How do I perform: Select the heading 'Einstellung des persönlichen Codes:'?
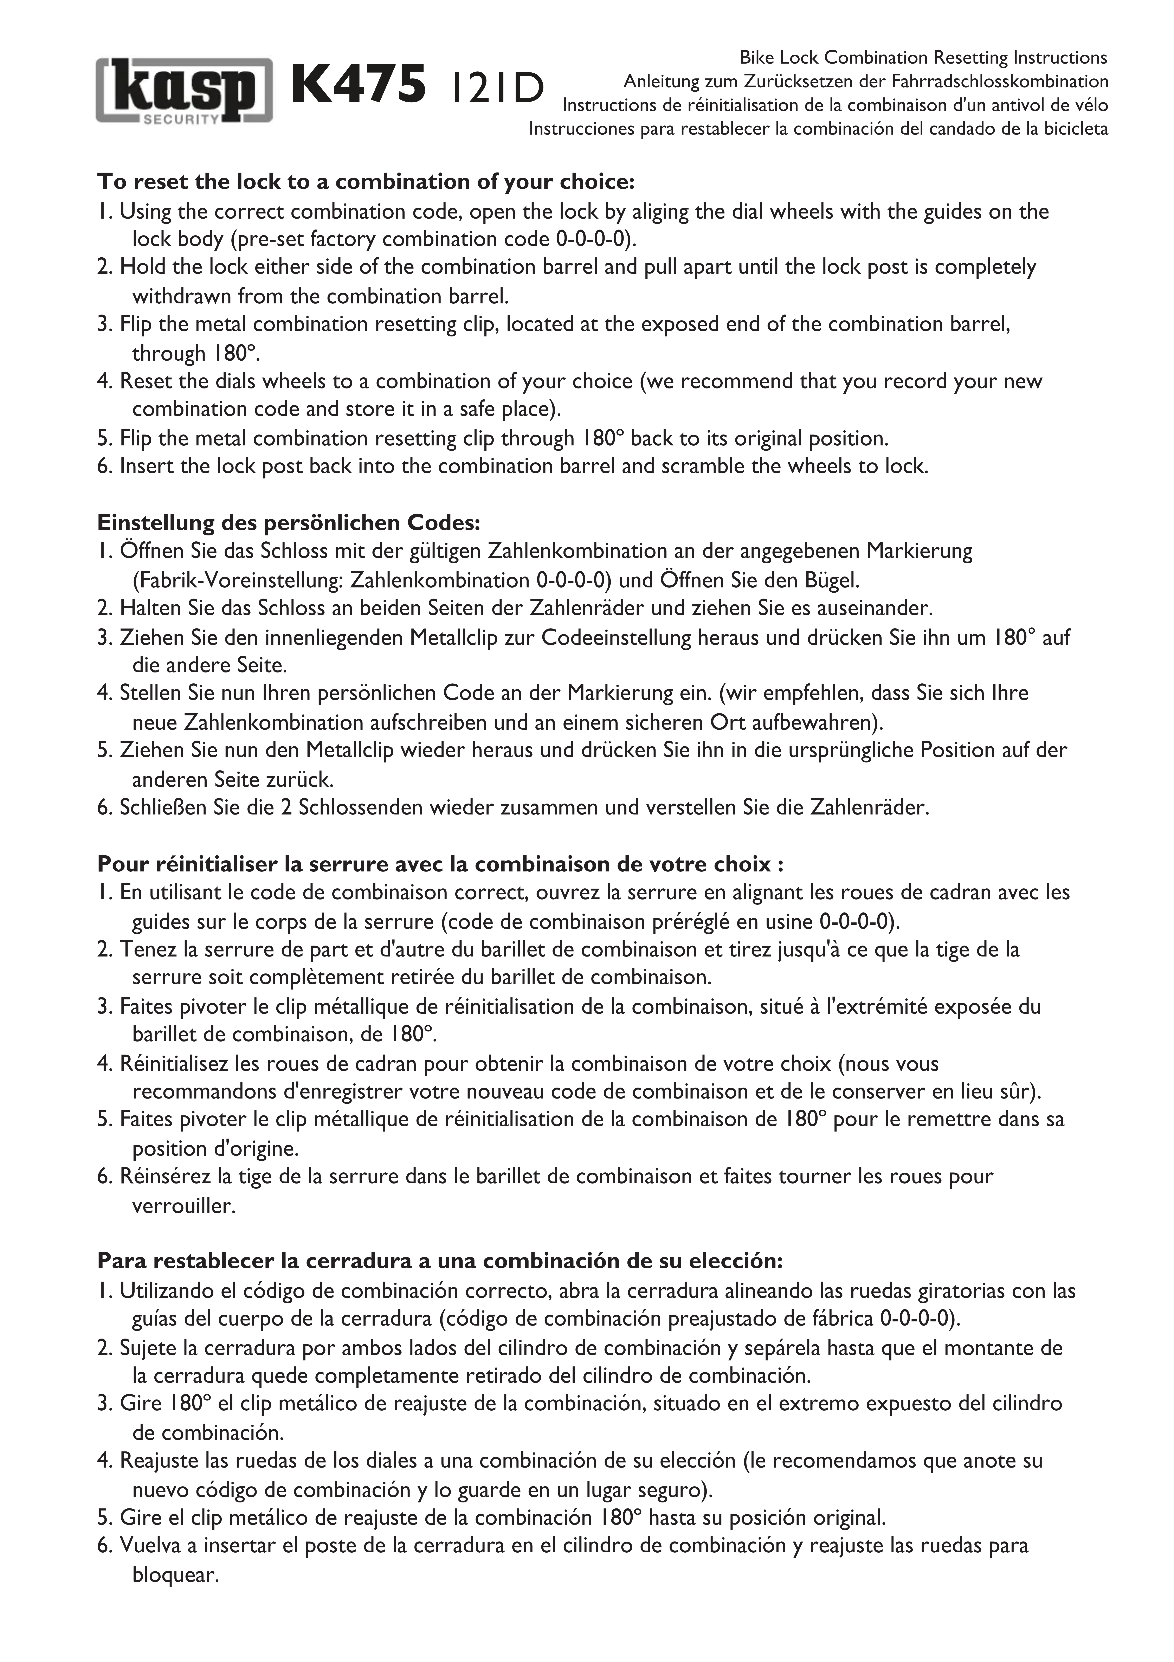(x=288, y=522)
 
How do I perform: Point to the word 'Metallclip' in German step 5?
(x=350, y=750)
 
